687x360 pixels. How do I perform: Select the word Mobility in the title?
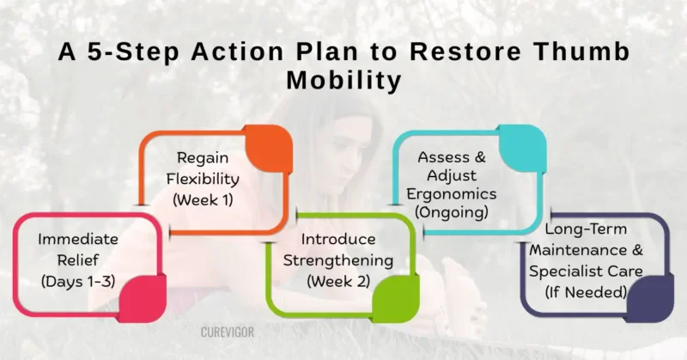pyautogui.click(x=343, y=81)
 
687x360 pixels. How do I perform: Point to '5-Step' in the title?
pyautogui.click(x=127, y=52)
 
